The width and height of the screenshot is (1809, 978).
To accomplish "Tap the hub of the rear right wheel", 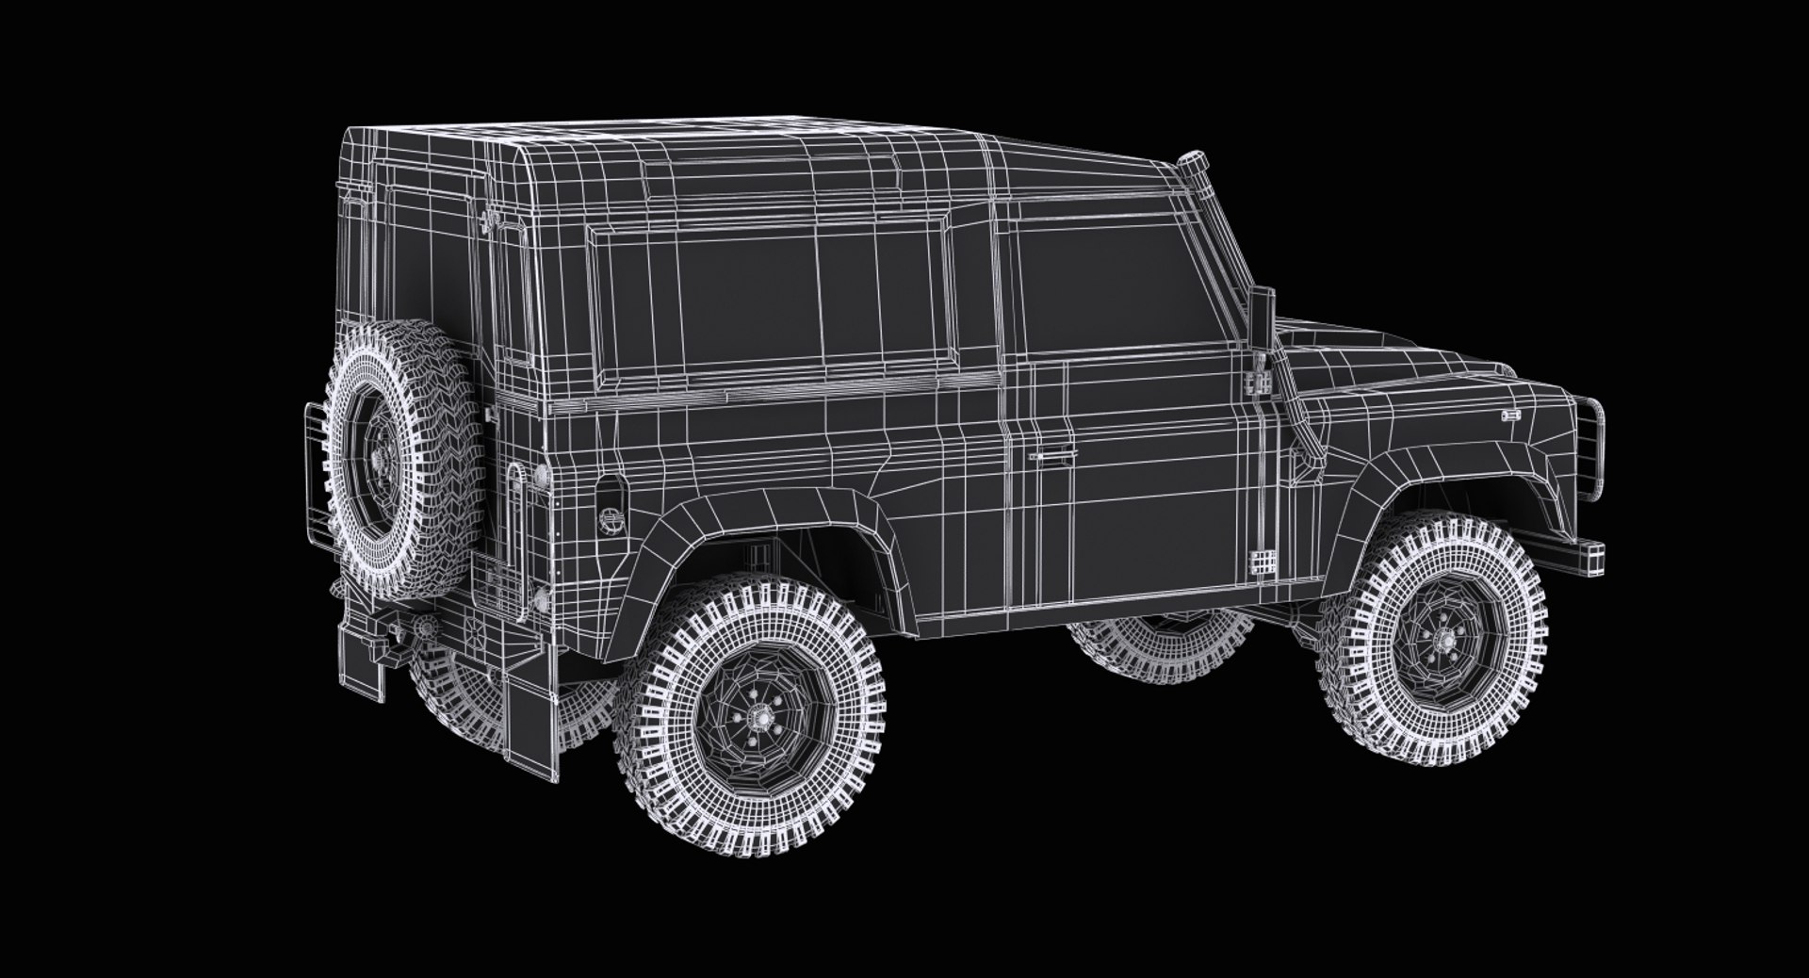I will click(x=756, y=718).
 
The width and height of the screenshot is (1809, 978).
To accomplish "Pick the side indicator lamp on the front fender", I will click(x=1510, y=415).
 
